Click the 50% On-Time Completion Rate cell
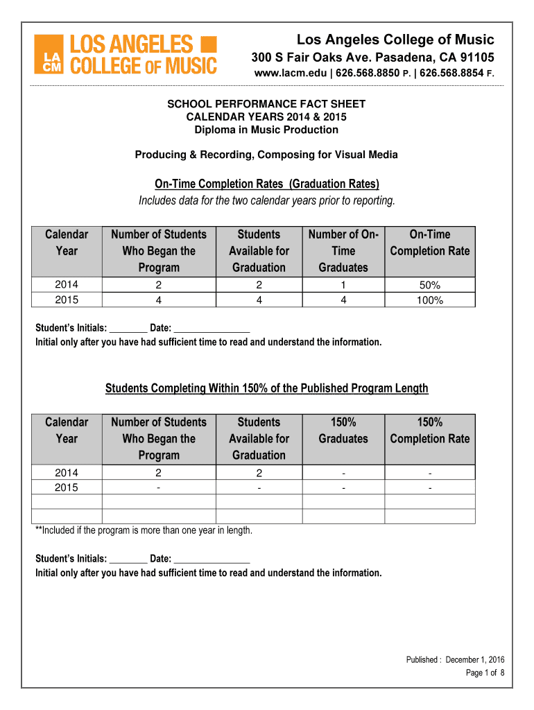(430, 285)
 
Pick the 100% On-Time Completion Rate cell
(430, 300)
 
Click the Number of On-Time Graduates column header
(343, 251)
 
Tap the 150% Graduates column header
(343, 431)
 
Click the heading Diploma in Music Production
(266, 130)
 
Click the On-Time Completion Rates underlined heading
(267, 184)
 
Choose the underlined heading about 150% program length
(267, 388)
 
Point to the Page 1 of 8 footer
(485, 673)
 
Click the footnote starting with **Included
(144, 531)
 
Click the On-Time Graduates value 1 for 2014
(343, 285)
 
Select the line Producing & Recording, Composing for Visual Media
(266, 155)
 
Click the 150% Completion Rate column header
(430, 431)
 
